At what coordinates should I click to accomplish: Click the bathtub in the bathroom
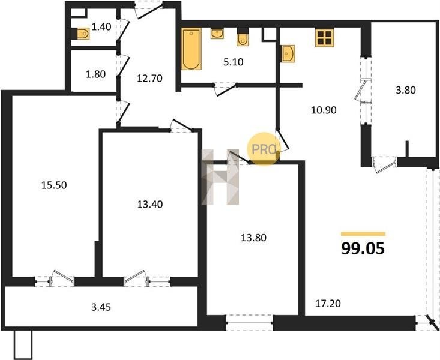point(191,49)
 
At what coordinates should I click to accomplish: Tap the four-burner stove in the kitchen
point(325,38)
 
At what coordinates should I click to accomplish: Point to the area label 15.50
point(54,185)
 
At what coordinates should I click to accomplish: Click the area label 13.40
point(150,204)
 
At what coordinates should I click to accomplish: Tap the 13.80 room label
point(254,238)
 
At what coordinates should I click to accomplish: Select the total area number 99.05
point(363,248)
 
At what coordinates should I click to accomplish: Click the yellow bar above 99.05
point(363,234)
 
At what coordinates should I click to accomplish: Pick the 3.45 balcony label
point(101,307)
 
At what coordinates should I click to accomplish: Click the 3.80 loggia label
point(406,91)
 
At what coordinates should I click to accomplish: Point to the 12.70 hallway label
point(149,78)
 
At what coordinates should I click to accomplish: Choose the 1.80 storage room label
point(96,74)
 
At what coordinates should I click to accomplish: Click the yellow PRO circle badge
point(263,149)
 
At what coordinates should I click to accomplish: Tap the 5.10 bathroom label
point(233,62)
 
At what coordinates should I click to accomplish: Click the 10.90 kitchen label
point(324,110)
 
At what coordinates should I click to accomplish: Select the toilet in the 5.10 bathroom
point(243,37)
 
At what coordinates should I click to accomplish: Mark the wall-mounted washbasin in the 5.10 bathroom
point(217,34)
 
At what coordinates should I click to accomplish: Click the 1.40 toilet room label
point(101,27)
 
